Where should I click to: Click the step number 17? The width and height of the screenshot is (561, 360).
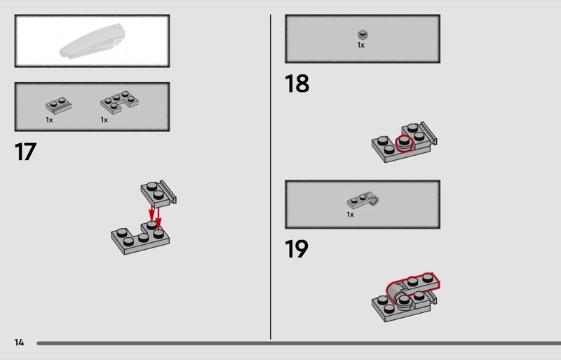click(x=25, y=152)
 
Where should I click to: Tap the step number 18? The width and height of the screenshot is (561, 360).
click(x=297, y=84)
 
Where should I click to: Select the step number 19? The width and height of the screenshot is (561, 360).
click(x=296, y=249)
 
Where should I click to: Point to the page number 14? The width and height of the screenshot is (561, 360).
click(x=19, y=342)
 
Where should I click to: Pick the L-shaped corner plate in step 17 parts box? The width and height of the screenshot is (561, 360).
click(x=119, y=102)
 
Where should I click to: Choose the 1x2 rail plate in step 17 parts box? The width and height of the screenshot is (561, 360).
click(x=59, y=105)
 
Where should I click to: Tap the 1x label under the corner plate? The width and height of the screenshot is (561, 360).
click(x=104, y=120)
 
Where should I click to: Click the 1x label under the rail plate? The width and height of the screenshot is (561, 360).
click(x=49, y=120)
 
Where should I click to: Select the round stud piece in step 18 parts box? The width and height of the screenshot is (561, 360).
click(x=363, y=35)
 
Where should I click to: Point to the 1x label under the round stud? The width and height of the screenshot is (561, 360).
click(x=360, y=45)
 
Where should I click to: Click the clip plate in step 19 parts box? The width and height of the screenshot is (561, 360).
click(x=363, y=200)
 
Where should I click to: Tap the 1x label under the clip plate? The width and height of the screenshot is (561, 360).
click(x=350, y=215)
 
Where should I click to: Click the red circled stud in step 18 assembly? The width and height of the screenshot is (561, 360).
click(x=405, y=143)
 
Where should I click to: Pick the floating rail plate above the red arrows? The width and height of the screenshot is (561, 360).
click(x=158, y=194)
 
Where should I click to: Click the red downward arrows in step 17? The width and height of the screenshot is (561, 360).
click(x=155, y=216)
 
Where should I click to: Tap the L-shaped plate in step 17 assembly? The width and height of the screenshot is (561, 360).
click(x=140, y=237)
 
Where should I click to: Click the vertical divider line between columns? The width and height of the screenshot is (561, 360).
click(x=271, y=177)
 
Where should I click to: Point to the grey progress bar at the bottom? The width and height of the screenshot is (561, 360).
click(x=299, y=343)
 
